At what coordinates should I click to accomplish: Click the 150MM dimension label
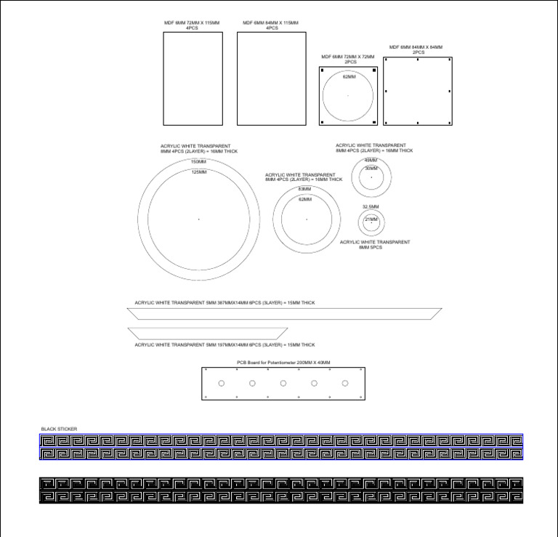pyautogui.click(x=198, y=161)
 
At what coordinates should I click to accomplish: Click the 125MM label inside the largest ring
pyautogui.click(x=198, y=172)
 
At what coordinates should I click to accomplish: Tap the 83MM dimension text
pyautogui.click(x=305, y=189)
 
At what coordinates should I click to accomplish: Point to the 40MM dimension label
pyautogui.click(x=371, y=160)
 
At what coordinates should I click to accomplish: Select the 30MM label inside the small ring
pyautogui.click(x=371, y=168)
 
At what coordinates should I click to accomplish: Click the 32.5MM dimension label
pyautogui.click(x=371, y=206)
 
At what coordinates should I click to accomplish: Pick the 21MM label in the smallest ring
pyautogui.click(x=371, y=219)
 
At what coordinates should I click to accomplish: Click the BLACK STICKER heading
pyautogui.click(x=59, y=429)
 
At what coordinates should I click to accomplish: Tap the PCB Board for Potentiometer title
pyautogui.click(x=283, y=362)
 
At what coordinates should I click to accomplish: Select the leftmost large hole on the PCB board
pyautogui.click(x=222, y=384)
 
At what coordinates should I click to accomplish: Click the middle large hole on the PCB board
pyautogui.click(x=283, y=384)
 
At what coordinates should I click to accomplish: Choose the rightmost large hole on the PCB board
pyautogui.click(x=345, y=384)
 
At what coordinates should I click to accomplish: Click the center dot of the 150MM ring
pyautogui.click(x=198, y=219)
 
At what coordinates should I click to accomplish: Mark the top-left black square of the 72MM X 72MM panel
pyautogui.click(x=323, y=70)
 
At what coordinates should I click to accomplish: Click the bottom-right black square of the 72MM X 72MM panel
pyautogui.click(x=373, y=121)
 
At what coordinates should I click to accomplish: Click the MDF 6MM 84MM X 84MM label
pyautogui.click(x=416, y=49)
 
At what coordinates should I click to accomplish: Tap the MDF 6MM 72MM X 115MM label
pyautogui.click(x=192, y=25)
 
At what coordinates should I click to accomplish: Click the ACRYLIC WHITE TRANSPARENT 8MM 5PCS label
pyautogui.click(x=375, y=245)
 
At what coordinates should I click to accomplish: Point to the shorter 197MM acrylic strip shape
pyautogui.click(x=221, y=332)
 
